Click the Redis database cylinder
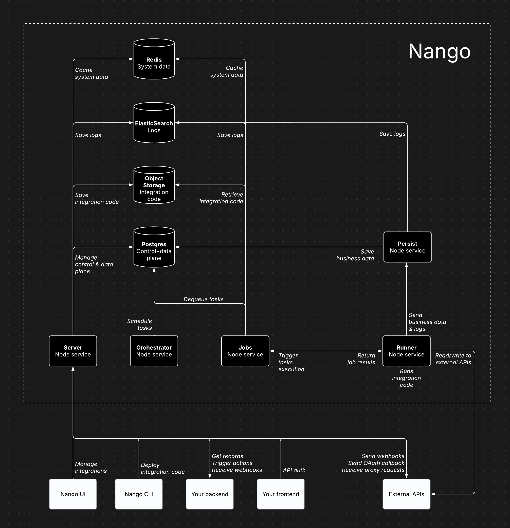tap(154, 59)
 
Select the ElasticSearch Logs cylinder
tap(154, 123)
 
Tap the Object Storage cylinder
tap(154, 185)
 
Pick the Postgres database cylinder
tap(154, 247)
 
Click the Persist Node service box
tap(407, 247)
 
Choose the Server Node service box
tap(73, 351)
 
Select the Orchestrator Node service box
tap(154, 351)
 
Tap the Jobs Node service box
tap(245, 351)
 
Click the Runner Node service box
tap(406, 351)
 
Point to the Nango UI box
tap(73, 494)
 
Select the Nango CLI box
tap(139, 494)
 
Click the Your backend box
tap(210, 494)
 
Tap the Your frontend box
tap(281, 494)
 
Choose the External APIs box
tap(406, 494)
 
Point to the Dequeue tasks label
tap(204, 299)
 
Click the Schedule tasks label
tap(139, 324)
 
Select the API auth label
tap(294, 470)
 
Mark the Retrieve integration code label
tap(221, 198)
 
